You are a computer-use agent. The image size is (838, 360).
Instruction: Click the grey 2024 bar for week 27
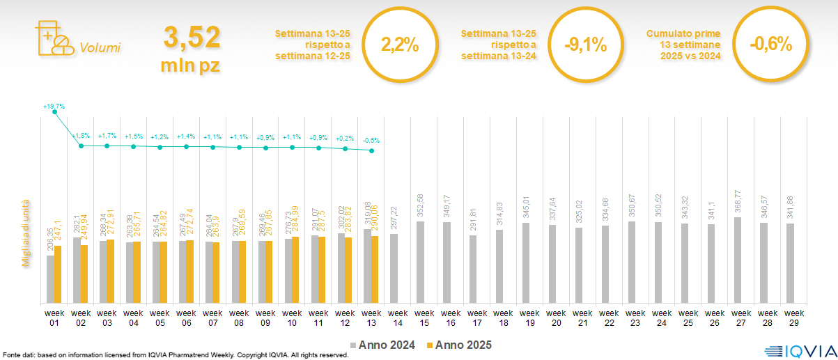(737, 260)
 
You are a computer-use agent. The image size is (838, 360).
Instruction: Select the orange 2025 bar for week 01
(58, 274)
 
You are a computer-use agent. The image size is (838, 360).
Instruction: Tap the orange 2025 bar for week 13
(375, 269)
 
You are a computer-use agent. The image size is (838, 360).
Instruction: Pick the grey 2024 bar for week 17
(472, 269)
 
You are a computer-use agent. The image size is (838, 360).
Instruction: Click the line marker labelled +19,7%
(55, 112)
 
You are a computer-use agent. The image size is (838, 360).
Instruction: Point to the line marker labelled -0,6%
(372, 150)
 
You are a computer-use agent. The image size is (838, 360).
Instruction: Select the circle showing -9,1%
(585, 45)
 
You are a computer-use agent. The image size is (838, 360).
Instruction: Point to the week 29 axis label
(790, 317)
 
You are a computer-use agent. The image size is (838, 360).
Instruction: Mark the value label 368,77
(736, 202)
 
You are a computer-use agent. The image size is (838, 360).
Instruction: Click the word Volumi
(100, 48)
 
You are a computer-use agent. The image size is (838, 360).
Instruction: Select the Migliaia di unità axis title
(26, 229)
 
